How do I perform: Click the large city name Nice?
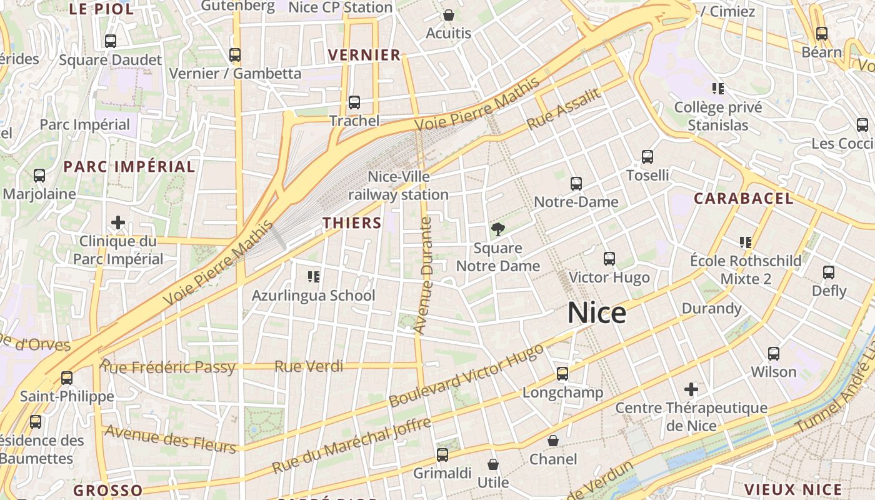tap(597, 312)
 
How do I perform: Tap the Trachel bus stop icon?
tap(354, 102)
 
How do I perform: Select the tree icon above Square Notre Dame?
tap(497, 229)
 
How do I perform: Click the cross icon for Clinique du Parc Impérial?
tap(118, 222)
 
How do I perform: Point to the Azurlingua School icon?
tap(313, 276)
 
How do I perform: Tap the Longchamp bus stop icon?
tap(562, 374)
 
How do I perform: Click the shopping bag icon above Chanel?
tap(553, 441)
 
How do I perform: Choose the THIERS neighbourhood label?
tap(352, 223)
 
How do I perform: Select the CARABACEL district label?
tap(744, 199)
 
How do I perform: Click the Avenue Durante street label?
tap(424, 275)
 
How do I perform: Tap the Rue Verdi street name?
tap(309, 366)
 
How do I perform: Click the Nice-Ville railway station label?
tap(399, 186)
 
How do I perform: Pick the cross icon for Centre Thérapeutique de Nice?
tap(691, 390)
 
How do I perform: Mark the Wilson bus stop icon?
tap(774, 354)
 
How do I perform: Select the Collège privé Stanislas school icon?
tap(718, 89)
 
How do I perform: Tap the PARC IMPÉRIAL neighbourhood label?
tap(129, 167)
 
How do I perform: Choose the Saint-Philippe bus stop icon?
tap(67, 378)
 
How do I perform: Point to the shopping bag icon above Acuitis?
tap(448, 15)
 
